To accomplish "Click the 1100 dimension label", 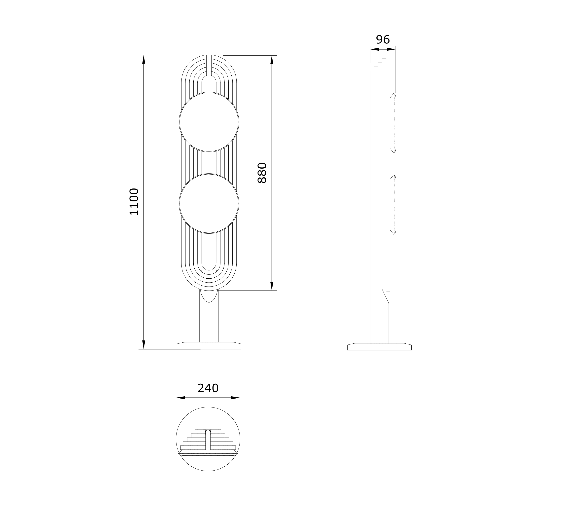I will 134,202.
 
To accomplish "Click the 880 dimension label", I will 262,173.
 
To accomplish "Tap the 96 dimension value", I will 383,40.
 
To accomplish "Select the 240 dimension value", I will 208,388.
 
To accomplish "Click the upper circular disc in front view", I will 209,122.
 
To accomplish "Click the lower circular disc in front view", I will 209,203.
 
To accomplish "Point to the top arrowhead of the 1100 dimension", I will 144,59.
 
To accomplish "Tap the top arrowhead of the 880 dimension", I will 272,60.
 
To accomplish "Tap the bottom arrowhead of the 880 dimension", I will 272,286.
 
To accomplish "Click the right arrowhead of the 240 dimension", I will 235,398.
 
